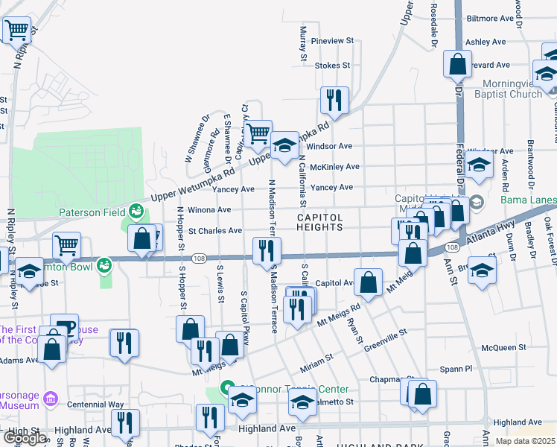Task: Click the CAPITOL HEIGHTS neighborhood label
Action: (320, 222)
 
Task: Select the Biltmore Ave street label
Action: (490, 18)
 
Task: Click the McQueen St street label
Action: (504, 347)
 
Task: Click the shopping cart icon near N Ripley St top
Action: (16, 31)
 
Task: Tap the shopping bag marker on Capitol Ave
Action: (369, 282)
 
